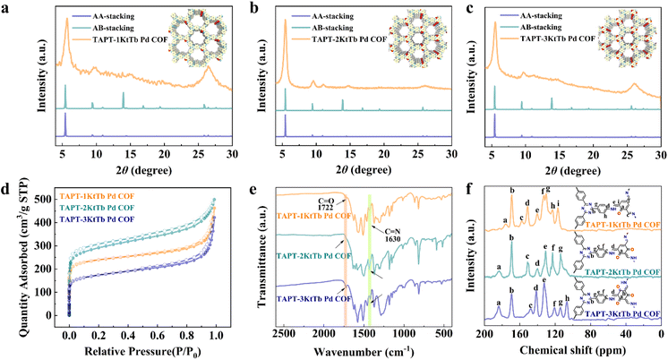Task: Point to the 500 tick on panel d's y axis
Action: point(37,199)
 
